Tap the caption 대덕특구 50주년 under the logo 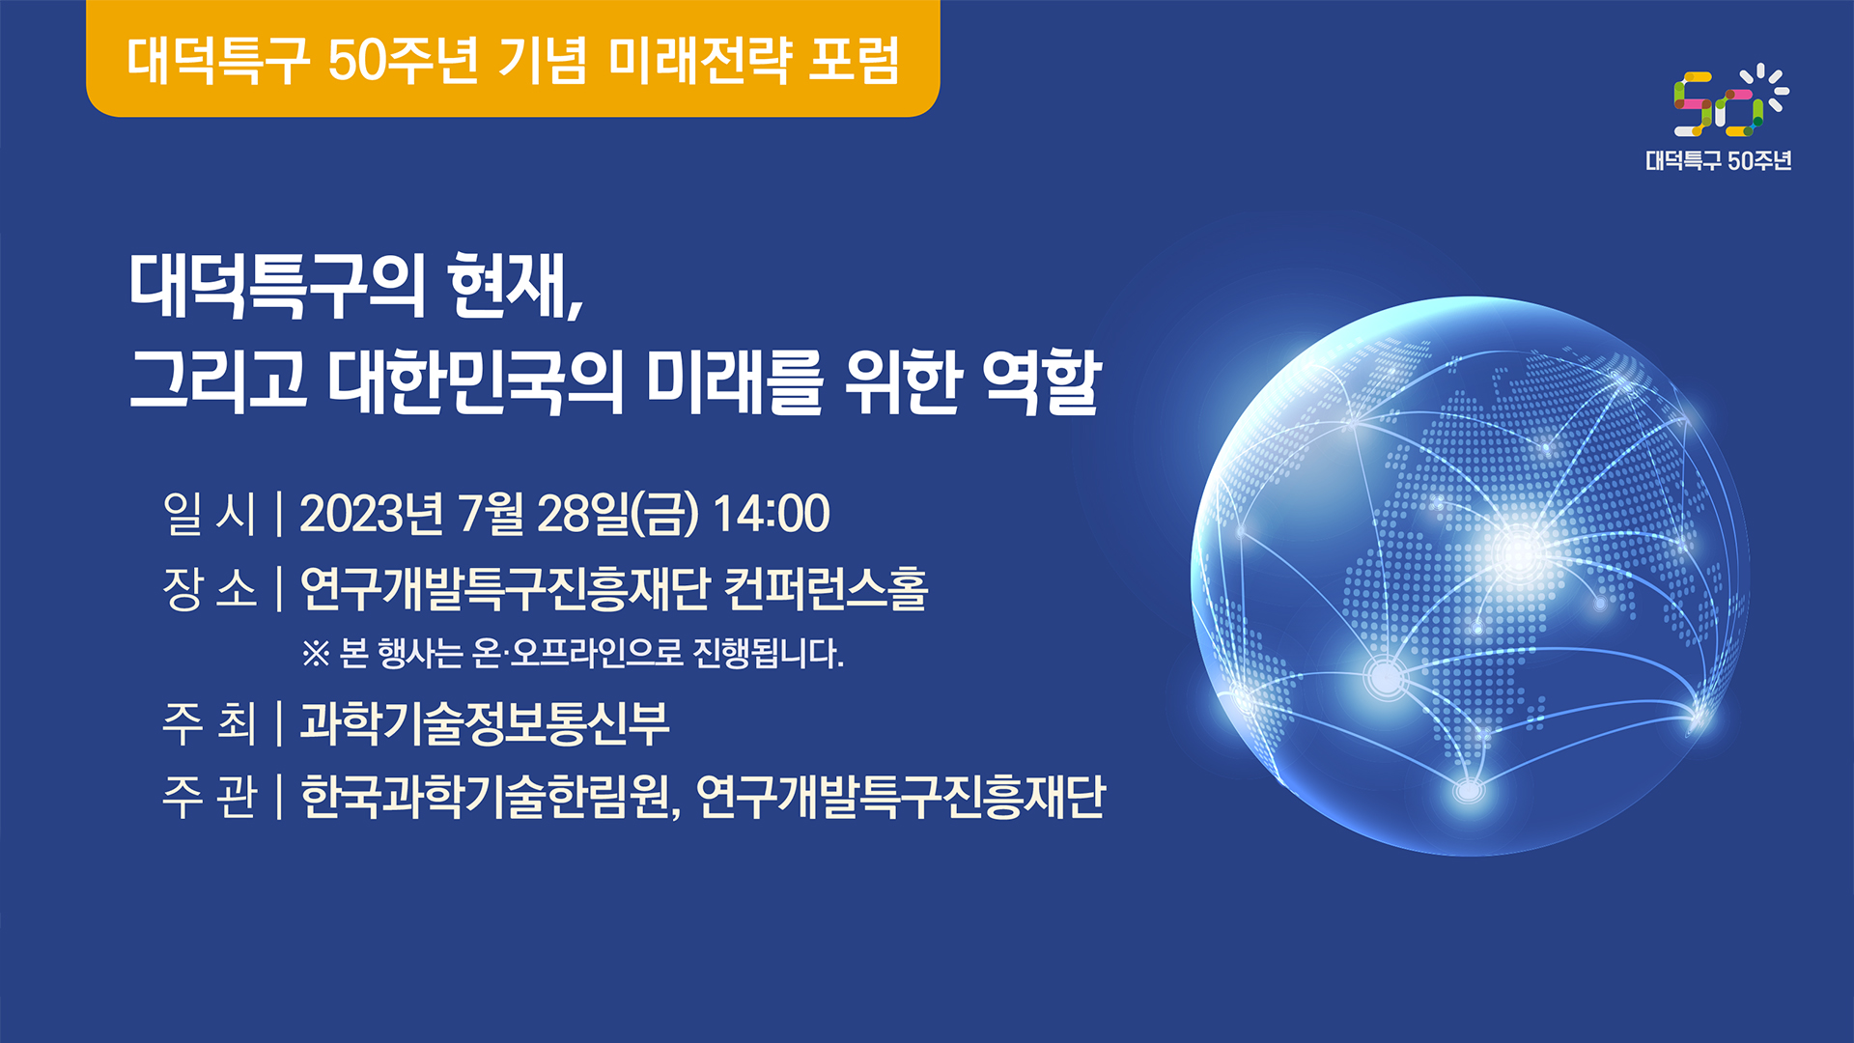(x=1719, y=160)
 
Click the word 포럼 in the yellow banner (x=854, y=60)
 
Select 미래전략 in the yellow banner (x=700, y=60)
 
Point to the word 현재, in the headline (x=517, y=286)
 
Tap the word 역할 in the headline (x=1041, y=381)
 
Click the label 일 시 (x=210, y=513)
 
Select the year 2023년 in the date (x=372, y=513)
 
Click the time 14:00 (x=772, y=513)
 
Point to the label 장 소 (x=210, y=588)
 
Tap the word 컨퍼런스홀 (x=826, y=588)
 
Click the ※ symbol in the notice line (x=316, y=654)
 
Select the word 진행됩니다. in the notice (x=769, y=654)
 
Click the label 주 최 (x=210, y=723)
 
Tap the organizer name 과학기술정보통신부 (x=485, y=723)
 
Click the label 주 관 (x=210, y=798)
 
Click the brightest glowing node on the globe (x=1517, y=551)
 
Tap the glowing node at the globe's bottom (x=1468, y=791)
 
